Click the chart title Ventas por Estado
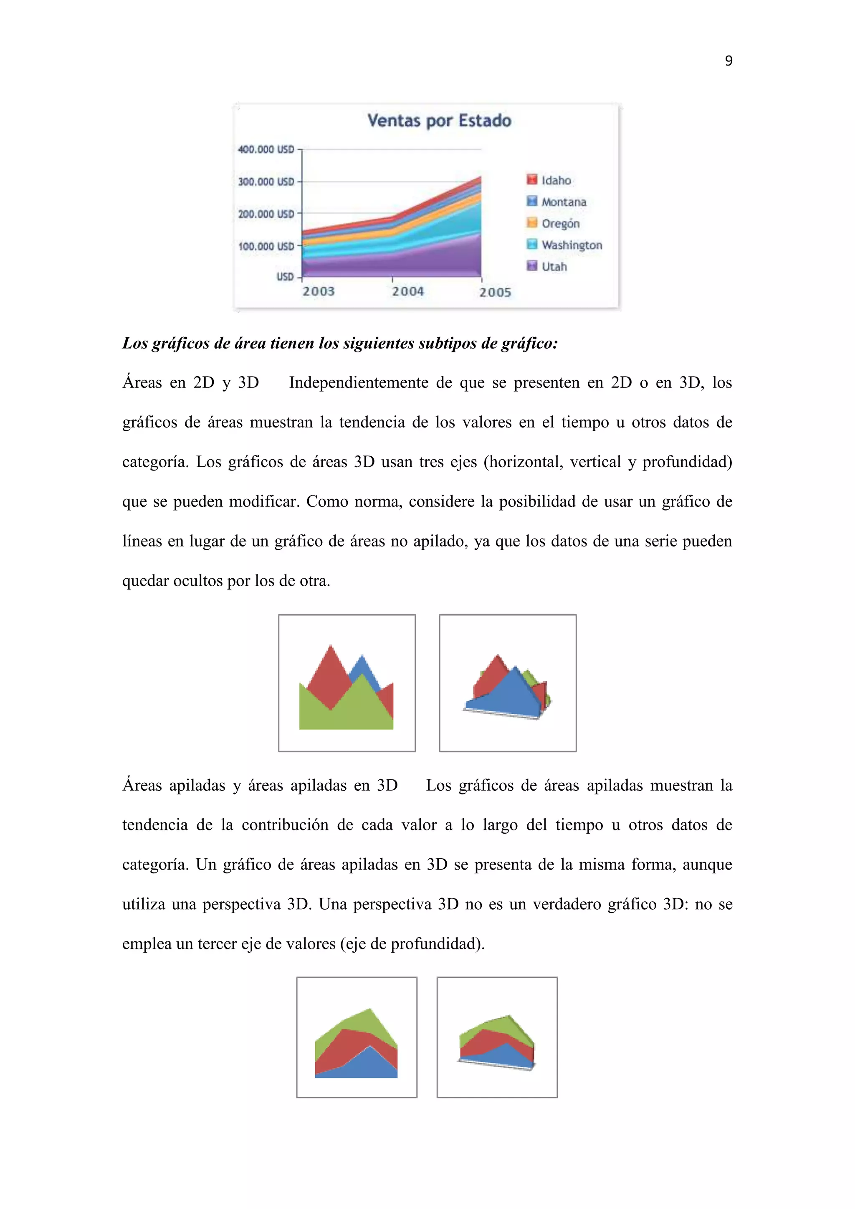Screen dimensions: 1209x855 [439, 121]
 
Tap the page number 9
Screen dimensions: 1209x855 [729, 61]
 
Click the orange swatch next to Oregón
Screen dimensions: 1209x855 [532, 223]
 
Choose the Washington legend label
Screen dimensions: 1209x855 [572, 245]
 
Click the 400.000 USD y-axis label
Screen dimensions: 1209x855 [266, 149]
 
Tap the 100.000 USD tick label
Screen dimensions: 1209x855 [266, 246]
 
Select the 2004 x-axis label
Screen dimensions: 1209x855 [407, 291]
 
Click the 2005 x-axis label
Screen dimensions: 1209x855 [495, 292]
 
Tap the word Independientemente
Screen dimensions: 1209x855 [359, 382]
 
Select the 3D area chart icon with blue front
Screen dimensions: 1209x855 [508, 683]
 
